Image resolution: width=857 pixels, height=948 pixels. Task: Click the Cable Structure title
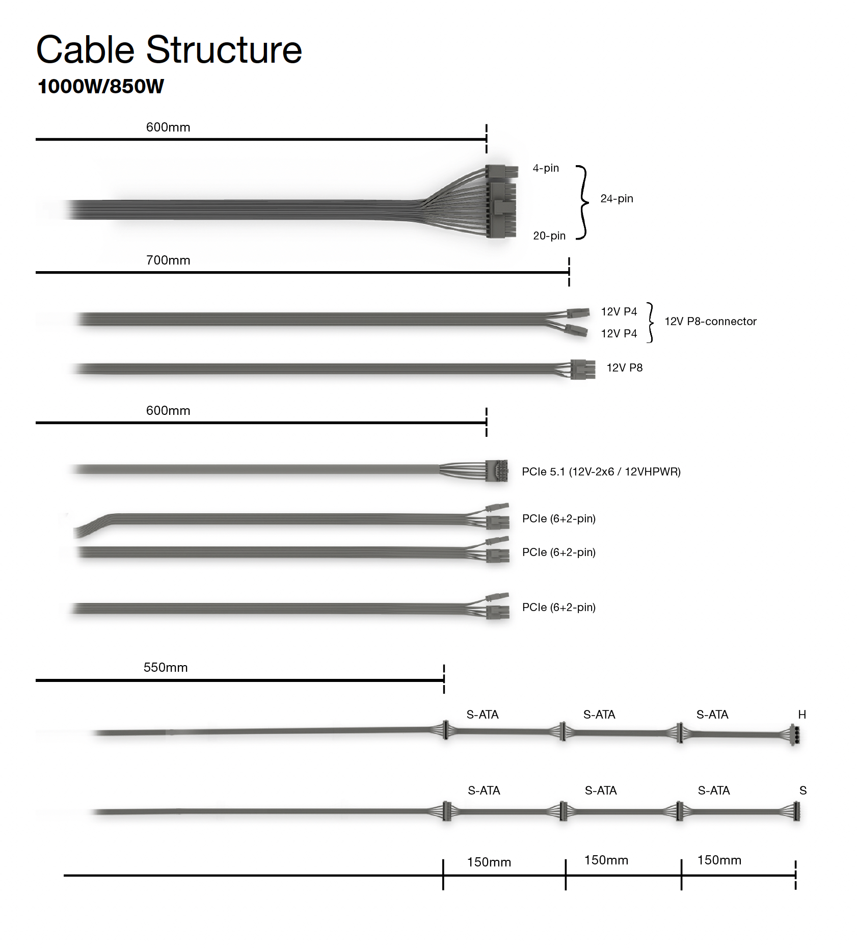click(x=169, y=50)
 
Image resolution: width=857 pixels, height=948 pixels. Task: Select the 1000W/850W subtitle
click(x=100, y=87)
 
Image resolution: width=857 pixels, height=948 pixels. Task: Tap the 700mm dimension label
click(x=168, y=260)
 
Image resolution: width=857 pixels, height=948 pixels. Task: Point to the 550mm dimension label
click(x=166, y=668)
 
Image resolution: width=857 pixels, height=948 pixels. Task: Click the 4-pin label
click(x=546, y=168)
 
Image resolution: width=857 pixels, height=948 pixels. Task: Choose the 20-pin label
click(x=549, y=236)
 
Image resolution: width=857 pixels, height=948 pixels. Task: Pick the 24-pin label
click(x=617, y=199)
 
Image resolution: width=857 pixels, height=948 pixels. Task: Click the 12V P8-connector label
click(x=710, y=322)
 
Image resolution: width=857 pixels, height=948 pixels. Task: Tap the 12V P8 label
click(x=624, y=368)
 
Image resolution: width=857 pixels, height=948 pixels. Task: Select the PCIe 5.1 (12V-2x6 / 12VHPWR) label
click(x=601, y=472)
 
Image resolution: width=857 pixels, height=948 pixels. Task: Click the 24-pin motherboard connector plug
click(x=501, y=202)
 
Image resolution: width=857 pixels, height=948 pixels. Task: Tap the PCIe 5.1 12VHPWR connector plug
click(x=497, y=471)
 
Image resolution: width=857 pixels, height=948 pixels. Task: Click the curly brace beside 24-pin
click(x=582, y=202)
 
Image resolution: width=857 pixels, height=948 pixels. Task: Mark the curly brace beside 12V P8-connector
click(x=650, y=322)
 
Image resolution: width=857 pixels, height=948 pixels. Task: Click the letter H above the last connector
click(x=802, y=715)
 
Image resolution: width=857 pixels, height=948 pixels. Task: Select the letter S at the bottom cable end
click(x=803, y=791)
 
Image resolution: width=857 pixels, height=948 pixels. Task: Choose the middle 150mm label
click(x=606, y=860)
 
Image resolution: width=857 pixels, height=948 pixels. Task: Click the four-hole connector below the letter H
click(x=795, y=734)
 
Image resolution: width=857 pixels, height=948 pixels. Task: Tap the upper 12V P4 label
click(x=619, y=312)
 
